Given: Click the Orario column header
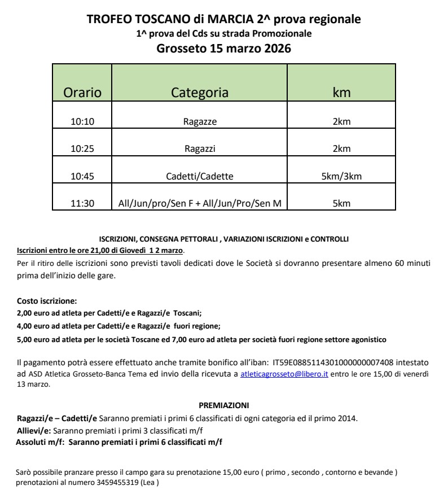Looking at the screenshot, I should click(82, 93).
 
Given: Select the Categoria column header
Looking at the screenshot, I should click(200, 93).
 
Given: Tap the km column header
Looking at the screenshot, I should click(341, 93).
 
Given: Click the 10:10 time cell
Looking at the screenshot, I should click(82, 121).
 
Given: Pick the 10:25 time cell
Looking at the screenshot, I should click(82, 149).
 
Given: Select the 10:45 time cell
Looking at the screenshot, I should click(82, 177).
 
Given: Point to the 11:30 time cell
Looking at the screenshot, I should click(82, 204).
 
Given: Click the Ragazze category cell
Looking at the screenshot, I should click(200, 121).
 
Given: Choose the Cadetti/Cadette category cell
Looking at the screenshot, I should click(200, 177).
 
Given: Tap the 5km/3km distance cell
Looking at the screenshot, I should click(341, 177).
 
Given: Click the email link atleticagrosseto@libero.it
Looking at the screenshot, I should click(284, 374).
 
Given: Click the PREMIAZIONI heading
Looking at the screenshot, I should click(224, 405).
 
